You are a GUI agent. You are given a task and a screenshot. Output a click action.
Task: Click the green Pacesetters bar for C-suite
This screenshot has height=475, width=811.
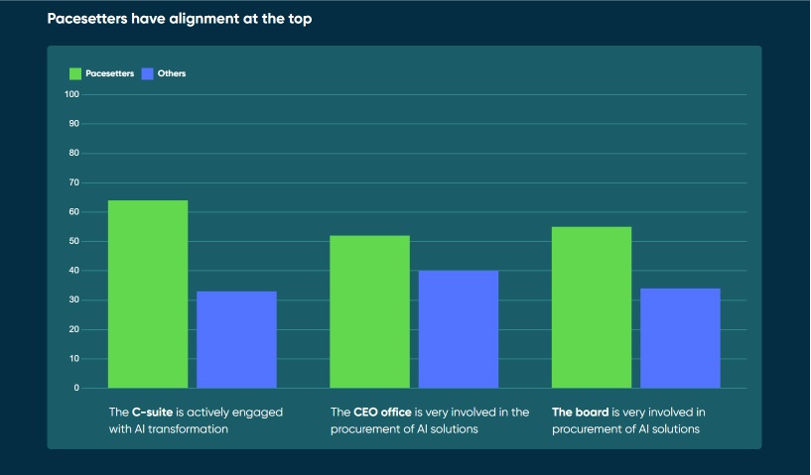(x=148, y=295)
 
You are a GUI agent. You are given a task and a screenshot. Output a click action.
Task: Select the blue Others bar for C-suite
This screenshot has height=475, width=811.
(x=236, y=340)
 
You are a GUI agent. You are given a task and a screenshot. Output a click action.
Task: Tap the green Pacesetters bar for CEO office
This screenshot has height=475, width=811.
(x=369, y=311)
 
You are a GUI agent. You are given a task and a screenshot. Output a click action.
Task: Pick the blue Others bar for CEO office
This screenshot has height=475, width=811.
(x=459, y=329)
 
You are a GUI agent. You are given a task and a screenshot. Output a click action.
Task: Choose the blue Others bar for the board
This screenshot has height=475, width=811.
(x=680, y=338)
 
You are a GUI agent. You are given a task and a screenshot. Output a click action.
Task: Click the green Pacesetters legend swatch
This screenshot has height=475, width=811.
(x=75, y=73)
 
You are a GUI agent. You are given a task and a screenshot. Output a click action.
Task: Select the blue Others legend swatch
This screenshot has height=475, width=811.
(x=148, y=73)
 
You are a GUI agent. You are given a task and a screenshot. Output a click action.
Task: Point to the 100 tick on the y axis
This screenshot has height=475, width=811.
(x=71, y=95)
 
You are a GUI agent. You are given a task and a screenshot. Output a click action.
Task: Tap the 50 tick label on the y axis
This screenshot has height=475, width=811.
(x=73, y=242)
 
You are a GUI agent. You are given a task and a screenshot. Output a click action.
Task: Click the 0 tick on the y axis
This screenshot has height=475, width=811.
(x=75, y=389)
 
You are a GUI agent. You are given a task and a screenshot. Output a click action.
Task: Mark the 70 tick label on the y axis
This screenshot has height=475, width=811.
(x=73, y=183)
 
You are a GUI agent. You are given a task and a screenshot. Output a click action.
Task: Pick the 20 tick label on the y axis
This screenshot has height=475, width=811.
(x=73, y=330)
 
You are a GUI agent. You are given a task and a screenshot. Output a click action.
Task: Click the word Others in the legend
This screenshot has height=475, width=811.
(x=172, y=73)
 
